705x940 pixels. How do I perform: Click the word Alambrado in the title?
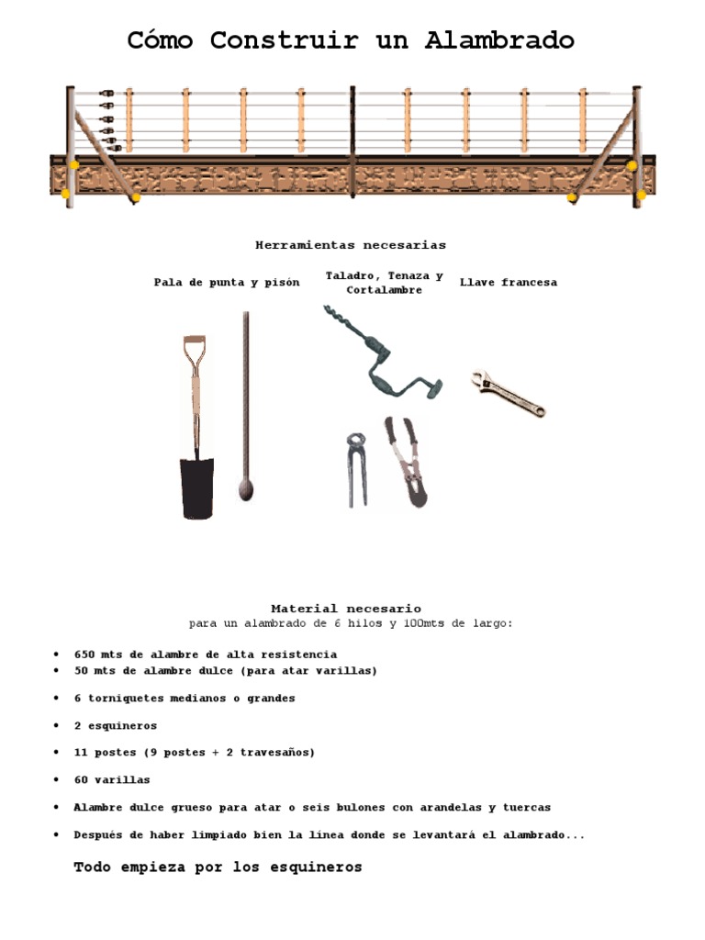(499, 40)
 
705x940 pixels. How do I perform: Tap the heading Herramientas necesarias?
(351, 245)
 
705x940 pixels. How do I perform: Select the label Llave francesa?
(508, 283)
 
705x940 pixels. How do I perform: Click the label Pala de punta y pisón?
(227, 283)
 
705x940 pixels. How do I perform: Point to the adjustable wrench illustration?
(508, 393)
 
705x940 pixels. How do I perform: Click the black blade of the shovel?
(197, 487)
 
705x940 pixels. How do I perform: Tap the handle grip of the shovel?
(194, 343)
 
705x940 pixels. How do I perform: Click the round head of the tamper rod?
(245, 489)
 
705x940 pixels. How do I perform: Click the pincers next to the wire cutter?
(357, 466)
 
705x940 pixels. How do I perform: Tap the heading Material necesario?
(346, 609)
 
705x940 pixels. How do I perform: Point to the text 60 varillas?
(112, 780)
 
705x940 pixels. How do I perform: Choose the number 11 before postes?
(81, 753)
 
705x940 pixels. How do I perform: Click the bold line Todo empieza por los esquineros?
(218, 867)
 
